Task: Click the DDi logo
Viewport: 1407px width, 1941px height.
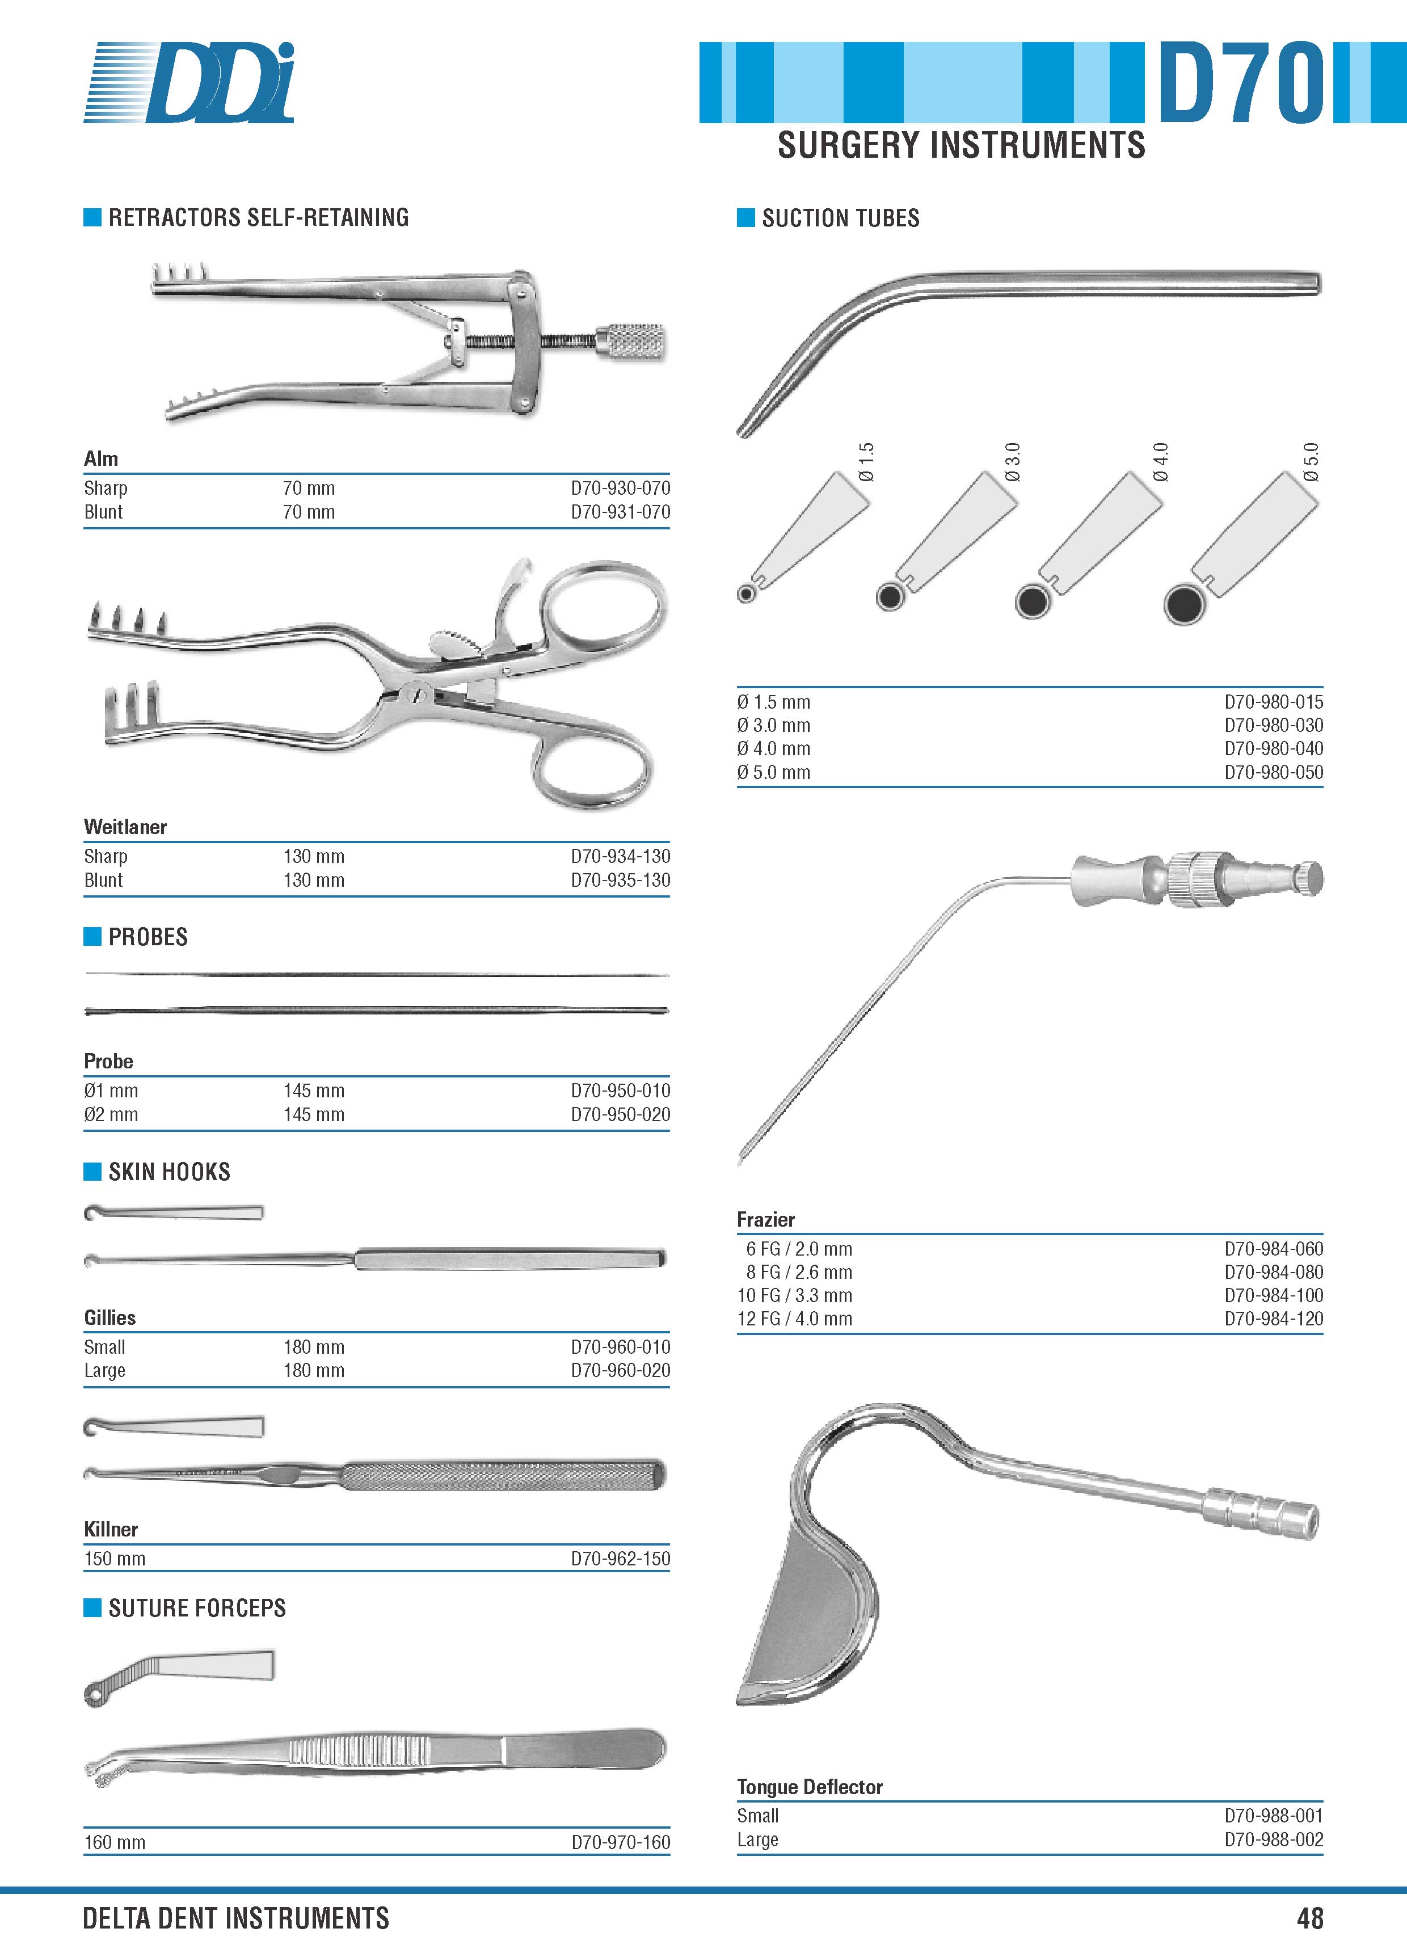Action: [x=189, y=82]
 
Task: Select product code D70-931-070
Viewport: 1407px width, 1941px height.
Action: [x=621, y=512]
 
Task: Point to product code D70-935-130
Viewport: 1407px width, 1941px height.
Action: [x=621, y=880]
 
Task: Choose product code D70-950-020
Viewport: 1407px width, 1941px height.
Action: [x=621, y=1114]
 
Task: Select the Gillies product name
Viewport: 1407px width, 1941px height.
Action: [x=109, y=1317]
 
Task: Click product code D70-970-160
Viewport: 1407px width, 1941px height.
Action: [x=621, y=1842]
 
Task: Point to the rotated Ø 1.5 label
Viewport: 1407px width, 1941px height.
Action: [x=866, y=462]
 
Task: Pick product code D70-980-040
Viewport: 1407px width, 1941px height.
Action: [x=1274, y=748]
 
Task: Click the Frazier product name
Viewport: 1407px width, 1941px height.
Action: [x=766, y=1219]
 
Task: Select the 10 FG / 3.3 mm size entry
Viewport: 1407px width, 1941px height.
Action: [x=795, y=1295]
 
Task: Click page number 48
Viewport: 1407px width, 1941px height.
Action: [x=1309, y=1918]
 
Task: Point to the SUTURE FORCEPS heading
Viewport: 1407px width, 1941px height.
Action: [x=197, y=1608]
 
